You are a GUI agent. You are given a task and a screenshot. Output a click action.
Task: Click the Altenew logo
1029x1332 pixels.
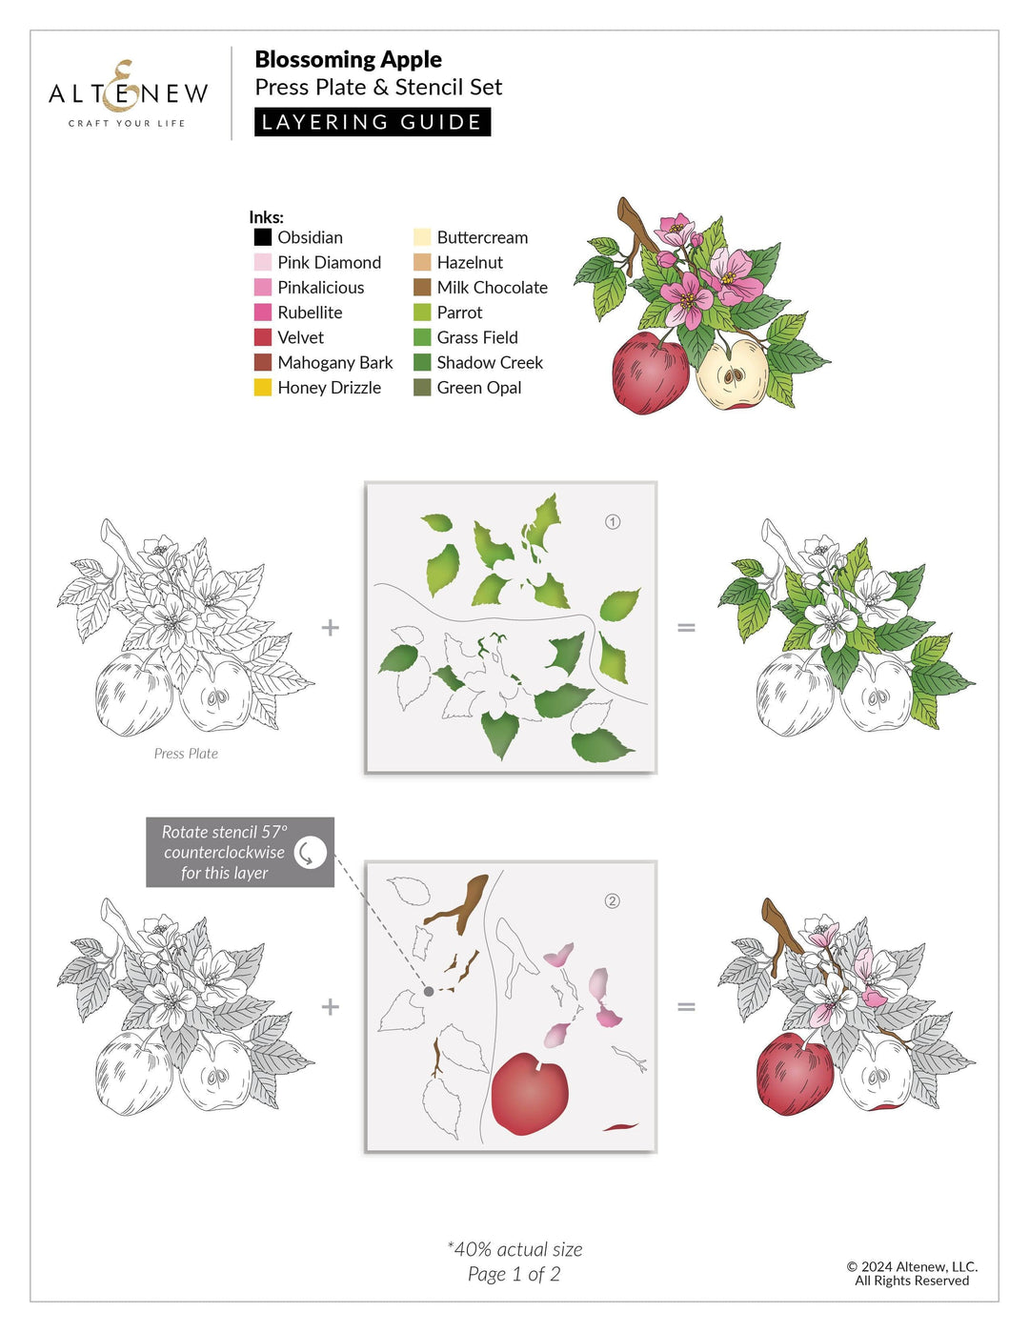click(128, 93)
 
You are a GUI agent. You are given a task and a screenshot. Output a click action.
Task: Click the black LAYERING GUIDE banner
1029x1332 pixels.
click(373, 122)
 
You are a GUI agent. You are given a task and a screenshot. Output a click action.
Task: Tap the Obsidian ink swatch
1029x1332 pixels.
click(263, 237)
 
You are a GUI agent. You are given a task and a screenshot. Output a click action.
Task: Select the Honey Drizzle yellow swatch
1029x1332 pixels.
click(263, 388)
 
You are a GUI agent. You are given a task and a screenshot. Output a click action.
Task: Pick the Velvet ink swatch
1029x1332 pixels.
click(263, 337)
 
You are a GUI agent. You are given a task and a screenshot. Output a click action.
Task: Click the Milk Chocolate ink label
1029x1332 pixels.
click(492, 288)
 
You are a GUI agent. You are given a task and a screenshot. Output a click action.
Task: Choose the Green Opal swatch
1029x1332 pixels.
click(422, 388)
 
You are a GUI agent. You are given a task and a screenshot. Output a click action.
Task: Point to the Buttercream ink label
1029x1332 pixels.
click(482, 237)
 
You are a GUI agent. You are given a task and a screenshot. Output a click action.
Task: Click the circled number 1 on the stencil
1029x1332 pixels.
click(613, 522)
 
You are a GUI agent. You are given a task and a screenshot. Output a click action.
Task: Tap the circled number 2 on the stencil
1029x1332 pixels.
click(613, 901)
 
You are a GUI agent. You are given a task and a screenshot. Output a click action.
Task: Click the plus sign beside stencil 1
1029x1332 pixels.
click(331, 628)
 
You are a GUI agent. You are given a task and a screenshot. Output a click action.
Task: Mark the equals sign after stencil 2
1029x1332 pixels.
click(686, 1007)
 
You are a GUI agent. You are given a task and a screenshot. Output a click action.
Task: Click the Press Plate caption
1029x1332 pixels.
click(186, 754)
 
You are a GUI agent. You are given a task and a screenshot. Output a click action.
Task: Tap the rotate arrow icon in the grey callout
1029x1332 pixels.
click(310, 853)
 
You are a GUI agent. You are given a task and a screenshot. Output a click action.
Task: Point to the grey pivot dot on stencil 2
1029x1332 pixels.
click(429, 992)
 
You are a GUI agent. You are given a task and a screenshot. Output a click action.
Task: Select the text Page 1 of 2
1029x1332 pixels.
click(514, 1275)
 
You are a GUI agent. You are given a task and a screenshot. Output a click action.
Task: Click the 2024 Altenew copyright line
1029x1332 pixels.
click(912, 1267)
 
